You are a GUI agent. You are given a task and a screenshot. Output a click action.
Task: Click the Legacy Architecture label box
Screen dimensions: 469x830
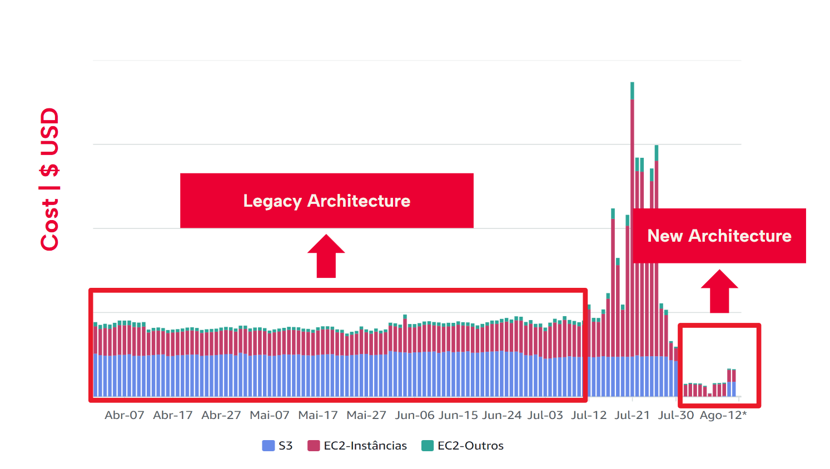(326, 201)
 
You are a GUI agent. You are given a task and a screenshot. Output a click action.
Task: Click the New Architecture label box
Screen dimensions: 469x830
(719, 236)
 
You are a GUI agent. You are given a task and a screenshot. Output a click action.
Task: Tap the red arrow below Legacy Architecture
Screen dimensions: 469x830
(326, 257)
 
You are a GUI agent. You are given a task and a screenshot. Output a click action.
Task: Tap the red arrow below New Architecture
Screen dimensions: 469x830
(719, 292)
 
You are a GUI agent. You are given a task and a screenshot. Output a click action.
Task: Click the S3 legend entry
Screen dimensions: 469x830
(277, 446)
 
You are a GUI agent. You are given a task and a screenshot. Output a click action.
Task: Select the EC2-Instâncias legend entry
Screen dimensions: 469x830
(357, 446)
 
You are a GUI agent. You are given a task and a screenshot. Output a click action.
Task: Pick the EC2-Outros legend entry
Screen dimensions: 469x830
(463, 446)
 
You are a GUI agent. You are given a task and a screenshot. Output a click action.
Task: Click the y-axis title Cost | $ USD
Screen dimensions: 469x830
(49, 179)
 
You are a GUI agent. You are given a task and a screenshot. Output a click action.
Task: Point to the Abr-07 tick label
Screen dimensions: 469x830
(125, 415)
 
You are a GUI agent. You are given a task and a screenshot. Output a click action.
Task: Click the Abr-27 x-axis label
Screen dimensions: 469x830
(221, 415)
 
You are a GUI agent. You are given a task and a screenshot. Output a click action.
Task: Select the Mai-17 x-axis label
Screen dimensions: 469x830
(318, 415)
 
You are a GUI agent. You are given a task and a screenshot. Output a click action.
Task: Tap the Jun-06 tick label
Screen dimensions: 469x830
(415, 415)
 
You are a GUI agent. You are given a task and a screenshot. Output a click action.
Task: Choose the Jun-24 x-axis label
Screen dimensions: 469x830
(502, 415)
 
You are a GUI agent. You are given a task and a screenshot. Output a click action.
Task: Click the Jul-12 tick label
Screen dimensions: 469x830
(589, 415)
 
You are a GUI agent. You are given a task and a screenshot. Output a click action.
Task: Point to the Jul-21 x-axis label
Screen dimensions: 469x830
(632, 415)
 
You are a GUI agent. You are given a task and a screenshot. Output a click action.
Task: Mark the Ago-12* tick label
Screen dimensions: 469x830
(723, 415)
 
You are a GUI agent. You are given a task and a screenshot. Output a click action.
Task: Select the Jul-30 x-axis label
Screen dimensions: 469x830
(676, 415)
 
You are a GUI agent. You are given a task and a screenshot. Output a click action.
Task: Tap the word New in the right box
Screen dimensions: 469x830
(665, 236)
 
